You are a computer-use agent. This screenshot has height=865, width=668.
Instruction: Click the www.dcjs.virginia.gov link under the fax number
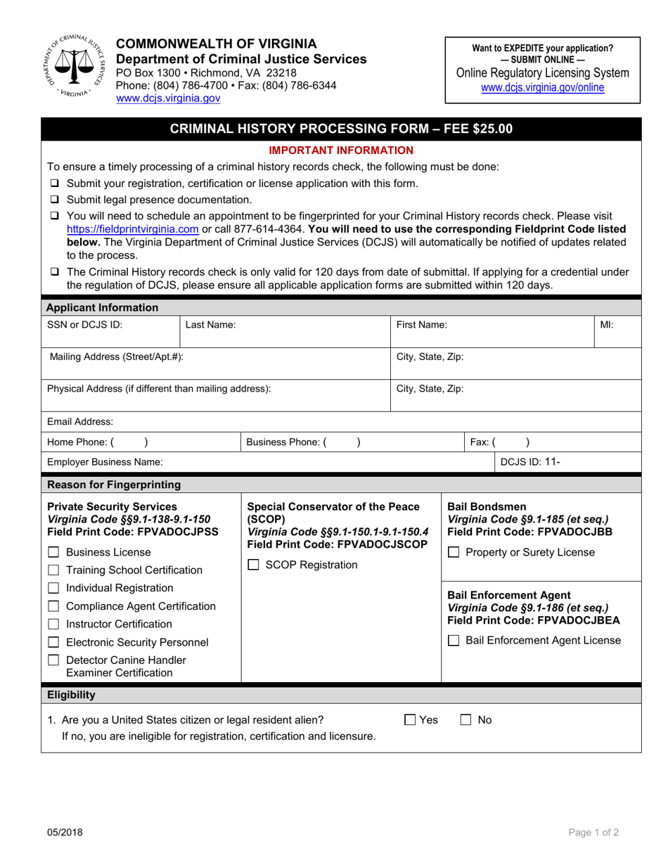[168, 98]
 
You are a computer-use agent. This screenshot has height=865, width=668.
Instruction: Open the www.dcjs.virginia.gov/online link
[542, 87]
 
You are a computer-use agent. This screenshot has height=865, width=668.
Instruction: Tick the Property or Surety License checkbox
[454, 553]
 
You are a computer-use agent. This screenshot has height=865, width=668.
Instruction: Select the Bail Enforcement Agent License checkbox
[454, 641]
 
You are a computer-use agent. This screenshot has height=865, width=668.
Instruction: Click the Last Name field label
[211, 326]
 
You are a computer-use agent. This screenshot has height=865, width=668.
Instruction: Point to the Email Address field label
[79, 422]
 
